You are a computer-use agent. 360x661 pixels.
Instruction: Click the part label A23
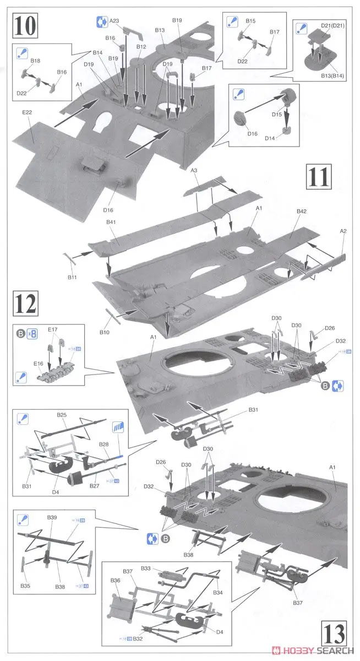114,21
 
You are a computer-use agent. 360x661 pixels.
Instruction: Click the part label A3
194,171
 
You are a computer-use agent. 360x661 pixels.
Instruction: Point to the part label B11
72,277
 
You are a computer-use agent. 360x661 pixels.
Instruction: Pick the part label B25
61,414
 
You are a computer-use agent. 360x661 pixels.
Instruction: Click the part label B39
52,518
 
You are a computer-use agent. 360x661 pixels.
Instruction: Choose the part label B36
115,581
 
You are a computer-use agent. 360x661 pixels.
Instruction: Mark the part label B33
146,568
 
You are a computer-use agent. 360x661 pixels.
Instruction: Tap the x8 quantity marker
33,333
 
